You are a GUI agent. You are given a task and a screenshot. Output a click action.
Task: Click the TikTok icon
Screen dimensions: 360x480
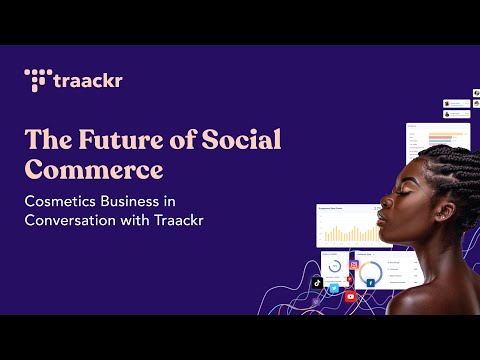click(316, 284)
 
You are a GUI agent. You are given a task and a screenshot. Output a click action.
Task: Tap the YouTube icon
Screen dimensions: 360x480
click(350, 296)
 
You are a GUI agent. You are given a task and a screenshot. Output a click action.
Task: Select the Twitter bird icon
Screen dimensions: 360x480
click(334, 289)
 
